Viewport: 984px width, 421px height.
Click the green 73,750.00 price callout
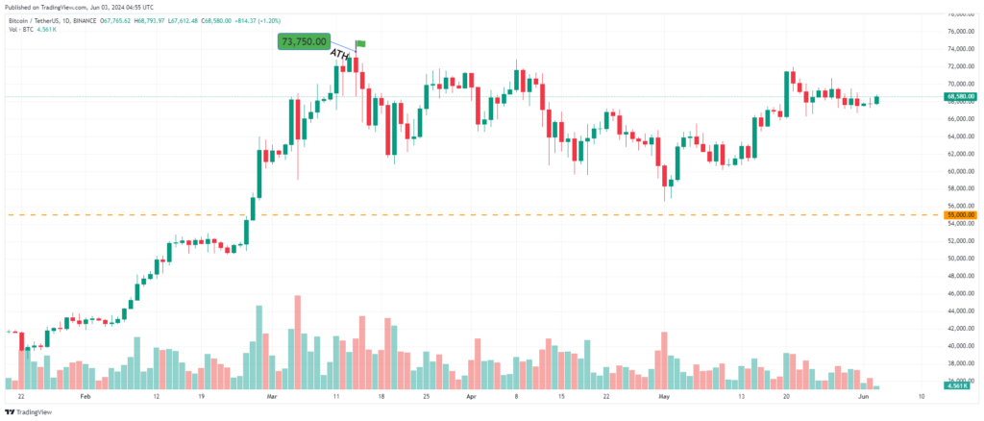point(304,41)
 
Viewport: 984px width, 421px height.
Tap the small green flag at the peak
point(361,43)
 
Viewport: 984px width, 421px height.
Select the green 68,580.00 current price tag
point(961,96)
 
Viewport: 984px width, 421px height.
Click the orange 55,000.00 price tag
point(961,215)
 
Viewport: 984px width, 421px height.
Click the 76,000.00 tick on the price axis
point(961,14)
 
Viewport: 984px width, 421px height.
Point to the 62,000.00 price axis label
point(961,154)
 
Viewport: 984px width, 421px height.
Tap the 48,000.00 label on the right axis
point(961,276)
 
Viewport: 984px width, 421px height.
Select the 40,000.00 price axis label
point(961,346)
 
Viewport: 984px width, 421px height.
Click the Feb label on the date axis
point(85,395)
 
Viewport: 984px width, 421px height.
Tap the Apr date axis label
point(471,395)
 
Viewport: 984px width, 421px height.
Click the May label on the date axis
point(661,395)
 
